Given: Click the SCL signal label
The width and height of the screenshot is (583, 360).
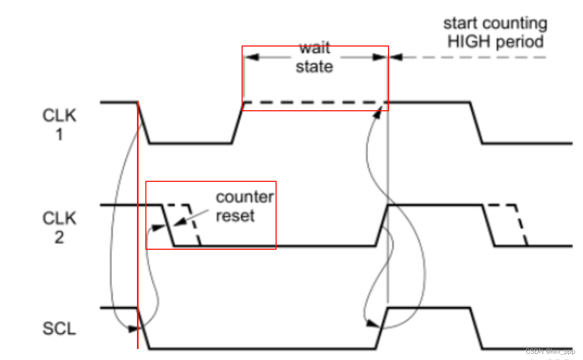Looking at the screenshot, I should tap(59, 329).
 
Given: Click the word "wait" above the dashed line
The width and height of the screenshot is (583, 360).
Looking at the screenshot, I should tap(314, 49).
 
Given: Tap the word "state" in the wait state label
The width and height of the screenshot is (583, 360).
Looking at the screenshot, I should tap(314, 67).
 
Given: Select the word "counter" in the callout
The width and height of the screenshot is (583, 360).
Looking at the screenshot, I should tap(245, 198).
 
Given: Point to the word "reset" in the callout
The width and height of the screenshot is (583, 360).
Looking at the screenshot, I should tap(235, 215).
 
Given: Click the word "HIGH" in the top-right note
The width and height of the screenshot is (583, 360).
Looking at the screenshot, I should tap(468, 42).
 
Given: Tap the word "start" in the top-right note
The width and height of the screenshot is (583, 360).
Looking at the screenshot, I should tap(462, 24).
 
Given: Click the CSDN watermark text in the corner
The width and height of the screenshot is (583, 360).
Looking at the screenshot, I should tap(550, 352).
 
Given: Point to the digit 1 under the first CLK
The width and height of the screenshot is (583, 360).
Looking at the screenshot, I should tap(59, 135).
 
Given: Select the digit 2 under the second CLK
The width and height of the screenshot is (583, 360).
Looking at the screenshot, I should tap(59, 237).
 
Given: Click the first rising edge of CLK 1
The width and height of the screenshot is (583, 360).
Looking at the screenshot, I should tap(237, 123).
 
